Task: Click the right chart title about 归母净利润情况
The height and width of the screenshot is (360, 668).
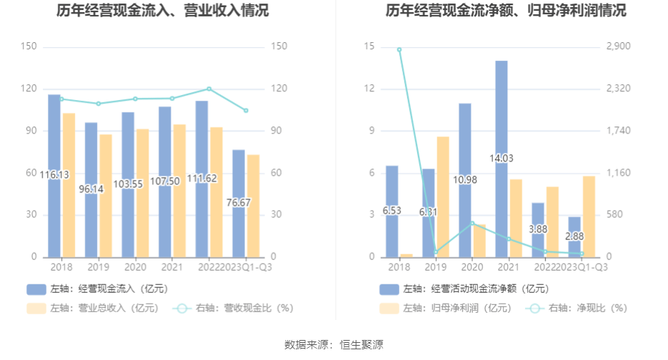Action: [506, 11]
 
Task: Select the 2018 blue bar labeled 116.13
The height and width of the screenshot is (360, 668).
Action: [54, 143]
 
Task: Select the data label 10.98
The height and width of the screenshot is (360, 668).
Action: [465, 179]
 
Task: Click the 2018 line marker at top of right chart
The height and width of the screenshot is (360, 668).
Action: [399, 49]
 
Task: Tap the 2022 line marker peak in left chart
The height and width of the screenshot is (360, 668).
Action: [209, 89]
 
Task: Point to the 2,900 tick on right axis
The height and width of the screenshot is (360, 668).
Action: [619, 46]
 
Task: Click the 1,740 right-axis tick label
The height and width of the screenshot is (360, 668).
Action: [619, 131]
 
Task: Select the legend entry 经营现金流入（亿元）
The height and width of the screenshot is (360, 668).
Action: [98, 289]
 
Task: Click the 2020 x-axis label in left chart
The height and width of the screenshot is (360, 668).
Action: [134, 266]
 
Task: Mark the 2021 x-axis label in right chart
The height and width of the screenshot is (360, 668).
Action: [508, 266]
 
